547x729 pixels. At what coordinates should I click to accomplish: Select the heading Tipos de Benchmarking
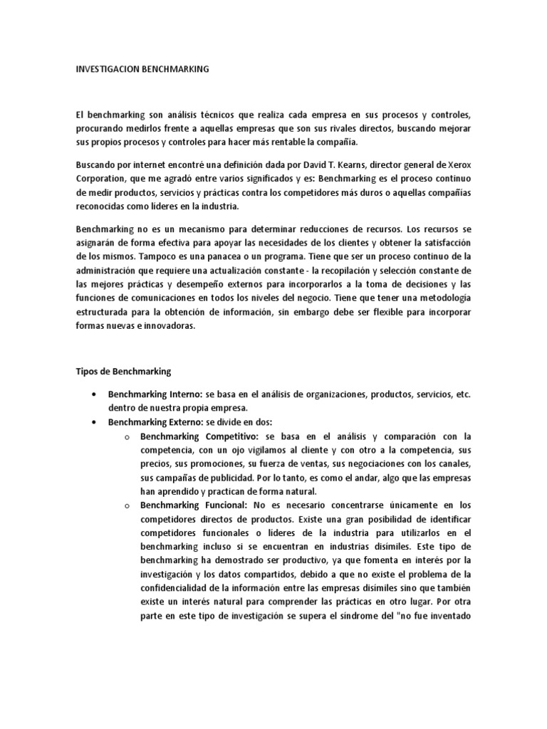pyautogui.click(x=123, y=371)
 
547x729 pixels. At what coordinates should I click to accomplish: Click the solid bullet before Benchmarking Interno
pyautogui.click(x=95, y=395)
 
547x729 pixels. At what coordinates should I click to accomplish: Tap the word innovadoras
pyautogui.click(x=168, y=326)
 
